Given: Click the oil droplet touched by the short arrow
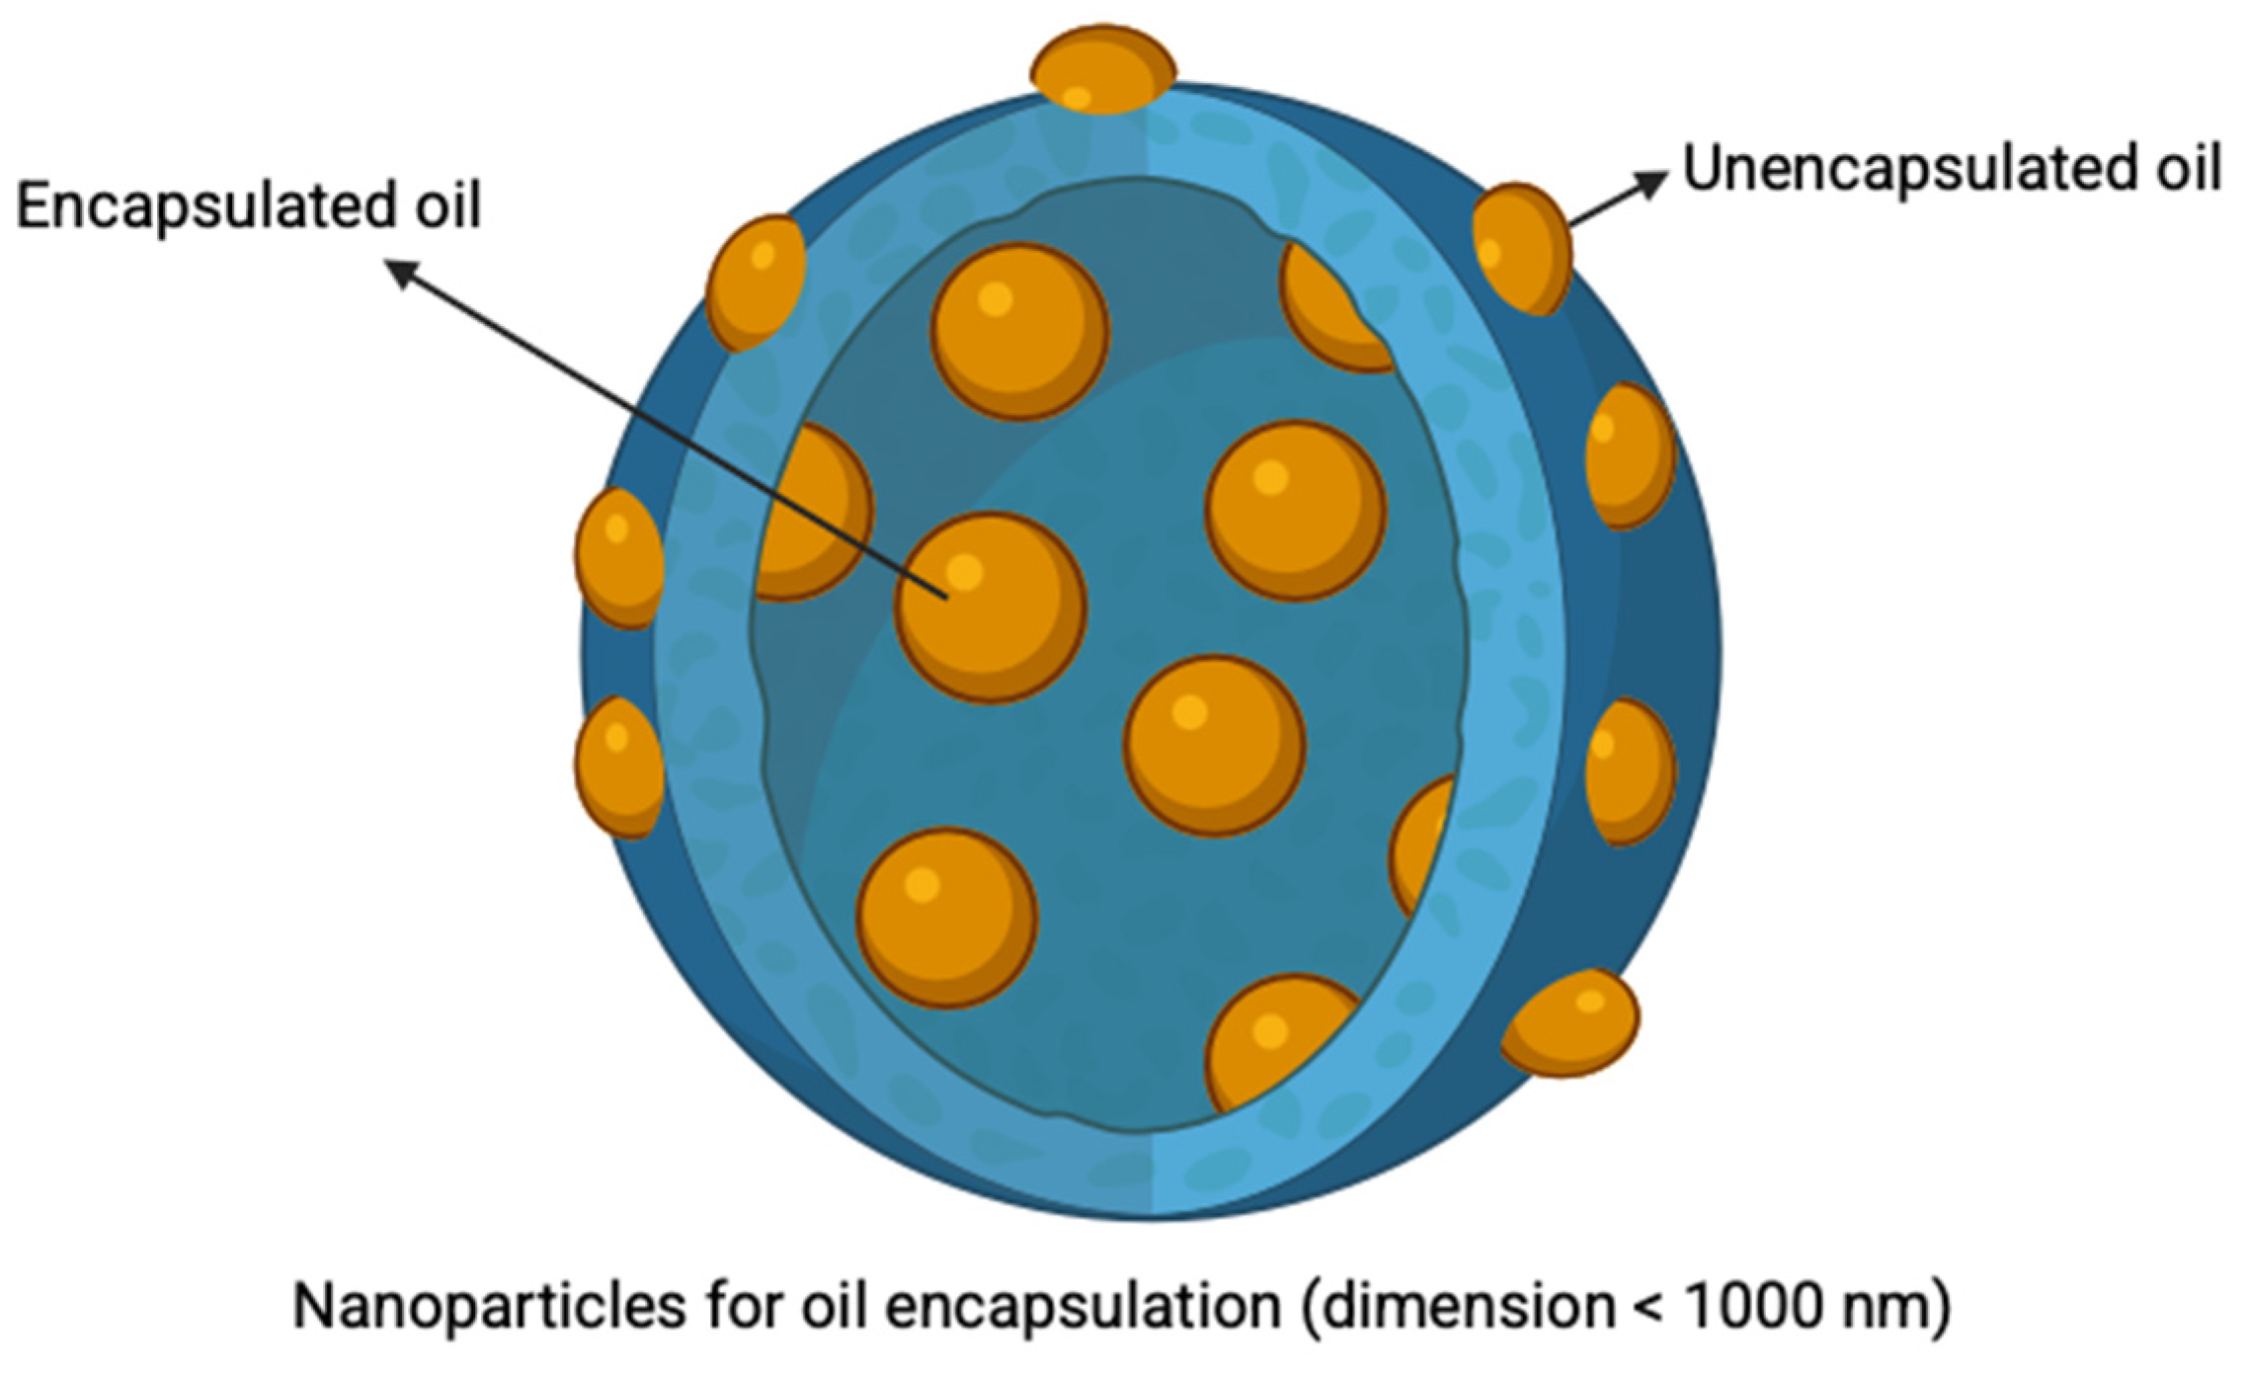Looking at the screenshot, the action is (1520, 248).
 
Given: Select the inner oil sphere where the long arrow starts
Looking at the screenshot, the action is (990, 607).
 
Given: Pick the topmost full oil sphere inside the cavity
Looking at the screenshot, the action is (1019, 331).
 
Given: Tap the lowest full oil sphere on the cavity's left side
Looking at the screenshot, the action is (946, 917).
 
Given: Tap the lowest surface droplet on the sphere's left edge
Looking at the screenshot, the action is (618, 767).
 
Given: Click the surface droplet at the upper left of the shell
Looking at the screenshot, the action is (756, 283).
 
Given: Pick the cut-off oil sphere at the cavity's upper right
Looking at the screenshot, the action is (1328, 306).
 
